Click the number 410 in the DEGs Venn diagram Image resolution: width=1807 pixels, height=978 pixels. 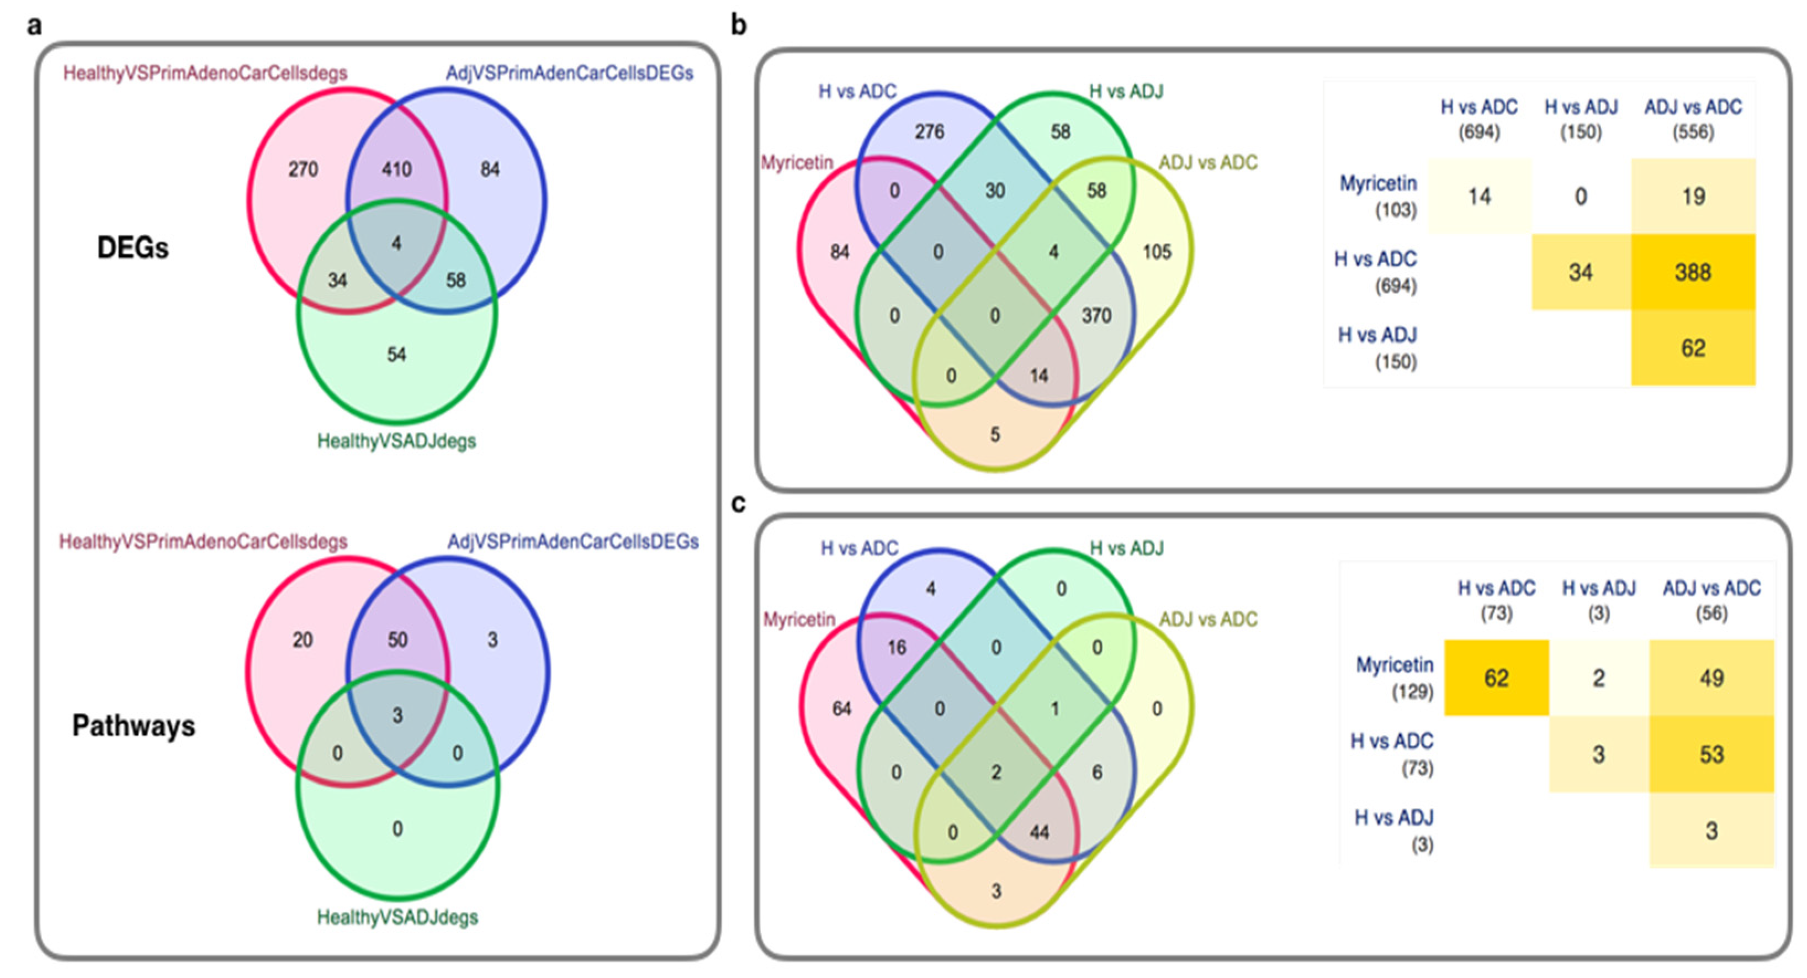[x=396, y=169]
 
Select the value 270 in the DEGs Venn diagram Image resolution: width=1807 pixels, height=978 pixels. [x=303, y=169]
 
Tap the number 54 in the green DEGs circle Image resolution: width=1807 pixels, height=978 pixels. [x=396, y=355]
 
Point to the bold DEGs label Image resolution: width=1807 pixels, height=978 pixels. [x=133, y=247]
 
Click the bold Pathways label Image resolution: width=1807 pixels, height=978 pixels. [x=133, y=726]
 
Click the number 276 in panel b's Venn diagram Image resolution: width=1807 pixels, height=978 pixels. [x=930, y=132]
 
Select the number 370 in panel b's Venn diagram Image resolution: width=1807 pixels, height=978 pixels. [x=1096, y=316]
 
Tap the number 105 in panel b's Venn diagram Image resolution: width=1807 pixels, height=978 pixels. [x=1157, y=251]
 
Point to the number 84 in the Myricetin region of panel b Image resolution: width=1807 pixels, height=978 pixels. [x=840, y=251]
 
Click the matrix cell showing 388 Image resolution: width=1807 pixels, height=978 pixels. [x=1693, y=272]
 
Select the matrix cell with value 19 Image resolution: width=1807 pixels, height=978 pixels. [x=1693, y=197]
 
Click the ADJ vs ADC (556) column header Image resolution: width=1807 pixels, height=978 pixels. [x=1693, y=119]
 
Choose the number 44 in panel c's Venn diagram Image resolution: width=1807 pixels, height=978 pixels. [x=1039, y=832]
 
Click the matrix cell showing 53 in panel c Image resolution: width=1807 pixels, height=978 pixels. [x=1711, y=755]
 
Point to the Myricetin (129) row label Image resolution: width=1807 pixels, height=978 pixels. [x=1395, y=678]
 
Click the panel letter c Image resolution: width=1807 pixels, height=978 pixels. [x=738, y=504]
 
